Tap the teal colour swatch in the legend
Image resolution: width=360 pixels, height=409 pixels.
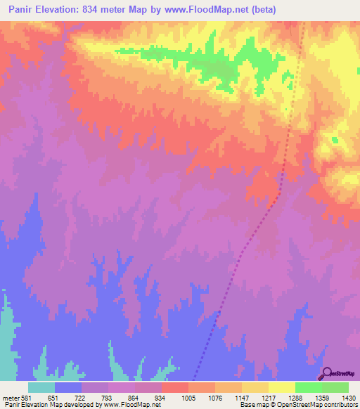pos(41,387)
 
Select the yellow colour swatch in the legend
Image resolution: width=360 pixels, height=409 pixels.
pos(281,387)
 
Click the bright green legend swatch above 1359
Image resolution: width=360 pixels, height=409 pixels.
pos(308,387)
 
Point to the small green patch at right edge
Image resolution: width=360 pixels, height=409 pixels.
pos(335,140)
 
